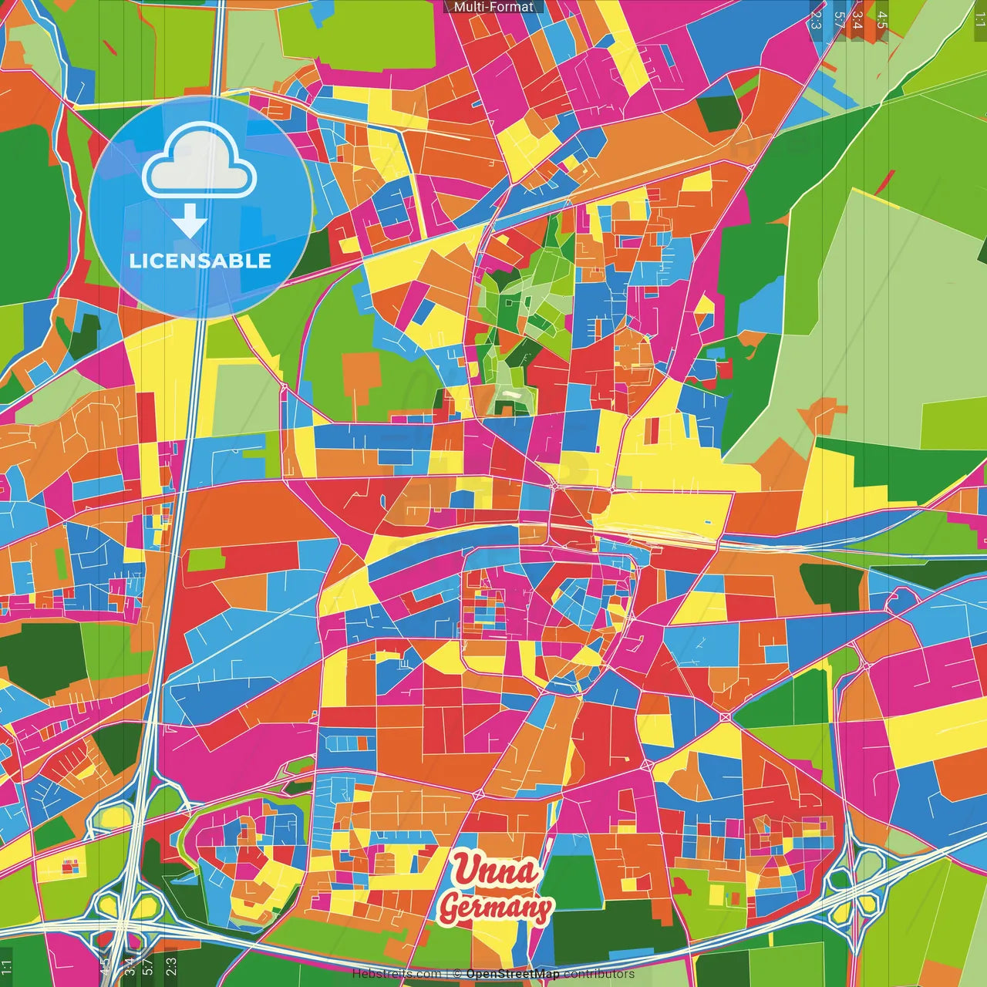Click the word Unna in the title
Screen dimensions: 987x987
point(495,871)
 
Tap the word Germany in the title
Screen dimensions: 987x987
point(495,908)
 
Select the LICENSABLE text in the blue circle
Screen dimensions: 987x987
point(200,261)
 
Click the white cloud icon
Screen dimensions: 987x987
point(200,163)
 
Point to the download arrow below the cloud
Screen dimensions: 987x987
point(190,222)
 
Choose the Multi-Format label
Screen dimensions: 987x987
point(493,7)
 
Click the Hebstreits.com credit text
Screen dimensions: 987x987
point(396,974)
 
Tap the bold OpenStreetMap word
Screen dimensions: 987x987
point(513,974)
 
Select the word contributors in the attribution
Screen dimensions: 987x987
point(598,974)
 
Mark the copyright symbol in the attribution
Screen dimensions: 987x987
point(456,974)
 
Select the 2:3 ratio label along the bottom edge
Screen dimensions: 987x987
point(170,966)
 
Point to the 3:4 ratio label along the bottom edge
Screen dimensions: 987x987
point(129,966)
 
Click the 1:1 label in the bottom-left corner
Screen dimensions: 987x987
point(7,968)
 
